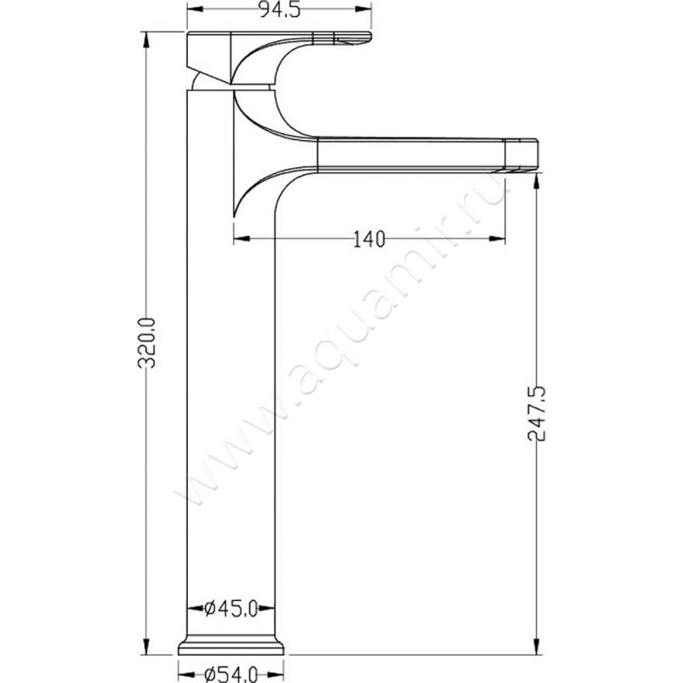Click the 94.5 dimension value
point(280,9)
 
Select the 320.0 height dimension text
point(146,343)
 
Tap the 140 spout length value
point(369,240)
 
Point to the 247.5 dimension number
point(537,413)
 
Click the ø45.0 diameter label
point(231,608)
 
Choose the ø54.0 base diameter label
point(231,674)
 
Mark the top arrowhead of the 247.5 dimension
point(537,181)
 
